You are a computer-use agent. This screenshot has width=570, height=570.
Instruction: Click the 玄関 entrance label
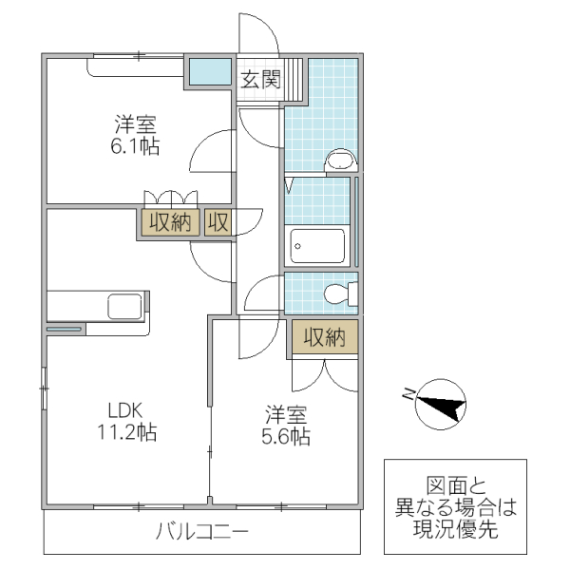click(258, 80)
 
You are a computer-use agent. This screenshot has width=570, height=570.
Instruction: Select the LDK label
click(123, 411)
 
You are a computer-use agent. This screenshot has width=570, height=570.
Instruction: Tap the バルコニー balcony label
click(202, 531)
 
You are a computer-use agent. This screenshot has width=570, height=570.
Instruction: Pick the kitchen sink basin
click(124, 306)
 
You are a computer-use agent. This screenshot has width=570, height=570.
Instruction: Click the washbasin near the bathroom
click(338, 161)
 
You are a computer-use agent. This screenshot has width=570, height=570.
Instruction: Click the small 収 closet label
click(218, 223)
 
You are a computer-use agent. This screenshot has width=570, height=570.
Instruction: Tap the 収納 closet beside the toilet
click(324, 337)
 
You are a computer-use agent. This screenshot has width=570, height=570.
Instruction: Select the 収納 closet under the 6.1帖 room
click(169, 223)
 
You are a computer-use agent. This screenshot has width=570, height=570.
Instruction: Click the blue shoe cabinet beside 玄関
click(208, 71)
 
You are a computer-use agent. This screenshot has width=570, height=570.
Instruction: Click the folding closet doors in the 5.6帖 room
click(325, 375)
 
